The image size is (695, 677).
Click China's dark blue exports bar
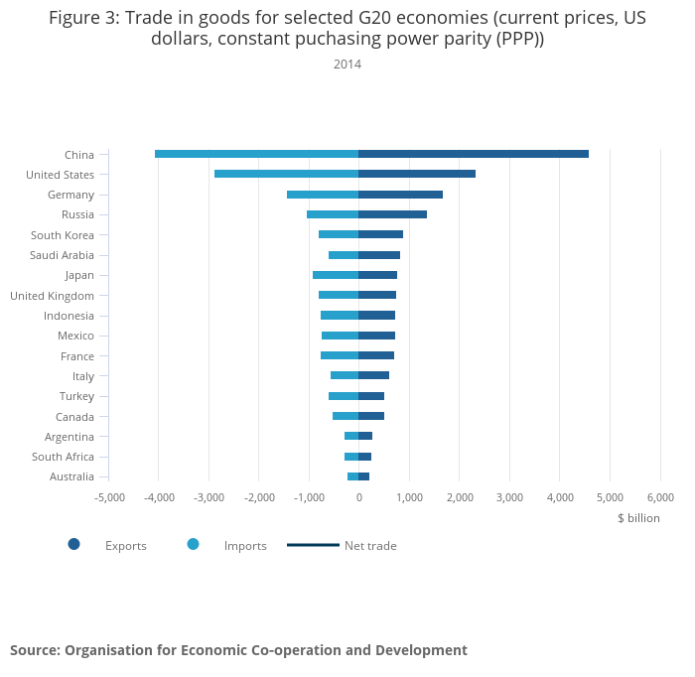474,154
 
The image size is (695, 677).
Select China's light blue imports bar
256,154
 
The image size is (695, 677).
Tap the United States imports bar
286,174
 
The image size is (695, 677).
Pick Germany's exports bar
401,195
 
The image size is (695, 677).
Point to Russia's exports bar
393,214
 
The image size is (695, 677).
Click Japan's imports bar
336,275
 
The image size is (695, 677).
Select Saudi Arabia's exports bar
379,255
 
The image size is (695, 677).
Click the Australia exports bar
364,476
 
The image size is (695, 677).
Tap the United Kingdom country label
53,296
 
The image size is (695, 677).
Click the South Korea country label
63,235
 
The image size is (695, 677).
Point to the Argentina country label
69,438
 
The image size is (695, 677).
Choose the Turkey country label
76,396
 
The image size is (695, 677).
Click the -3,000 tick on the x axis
209,497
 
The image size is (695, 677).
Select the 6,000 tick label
660,497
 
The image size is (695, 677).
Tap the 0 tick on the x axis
359,497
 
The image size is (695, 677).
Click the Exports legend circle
74,544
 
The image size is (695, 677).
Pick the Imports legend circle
194,544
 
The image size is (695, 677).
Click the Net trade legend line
313,545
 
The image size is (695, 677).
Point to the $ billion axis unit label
638,518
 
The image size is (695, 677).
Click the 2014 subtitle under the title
347,65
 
